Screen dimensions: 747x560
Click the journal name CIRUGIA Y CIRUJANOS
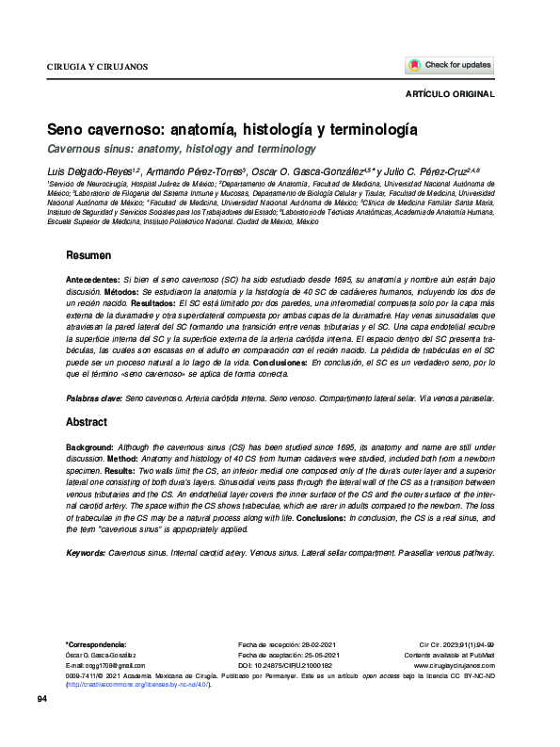click(97, 67)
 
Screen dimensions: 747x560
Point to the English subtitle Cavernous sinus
click(182, 149)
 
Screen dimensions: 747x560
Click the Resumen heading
click(88, 256)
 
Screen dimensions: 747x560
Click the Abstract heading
click(87, 423)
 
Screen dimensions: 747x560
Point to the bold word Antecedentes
click(92, 282)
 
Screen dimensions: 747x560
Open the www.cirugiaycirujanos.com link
click(454, 665)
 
